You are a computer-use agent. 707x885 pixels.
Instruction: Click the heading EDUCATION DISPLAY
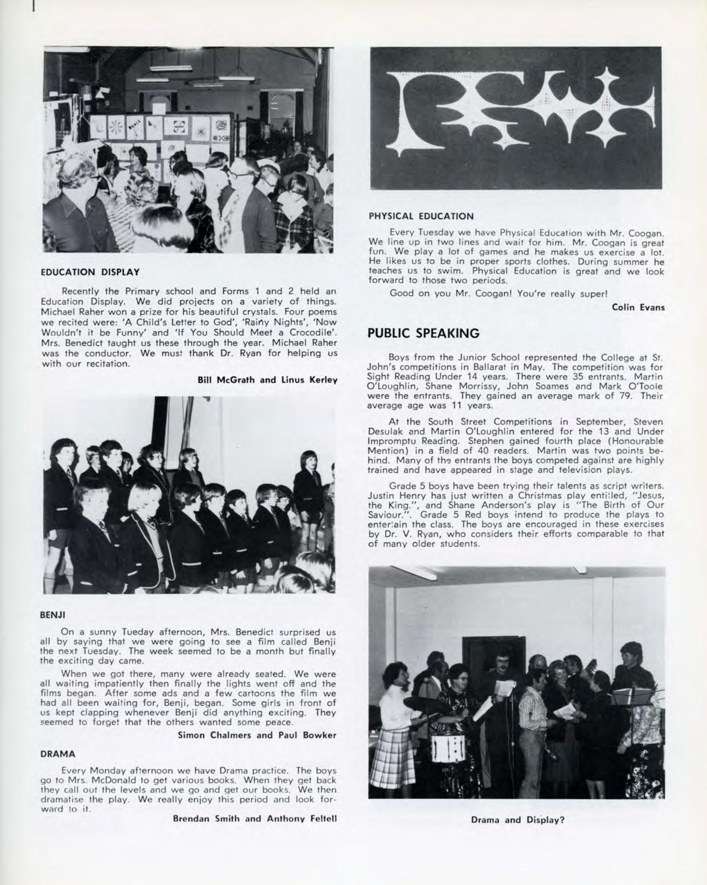(90, 273)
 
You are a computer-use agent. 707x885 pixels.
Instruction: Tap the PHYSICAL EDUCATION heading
(421, 216)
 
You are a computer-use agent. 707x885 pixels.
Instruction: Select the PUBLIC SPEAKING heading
(423, 333)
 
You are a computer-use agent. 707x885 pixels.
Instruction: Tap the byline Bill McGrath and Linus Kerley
(267, 380)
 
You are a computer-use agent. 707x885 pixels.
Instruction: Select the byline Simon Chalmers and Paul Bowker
(257, 735)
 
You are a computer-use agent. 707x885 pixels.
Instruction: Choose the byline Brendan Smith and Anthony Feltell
(255, 818)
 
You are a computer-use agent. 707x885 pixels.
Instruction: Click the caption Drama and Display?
(518, 820)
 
